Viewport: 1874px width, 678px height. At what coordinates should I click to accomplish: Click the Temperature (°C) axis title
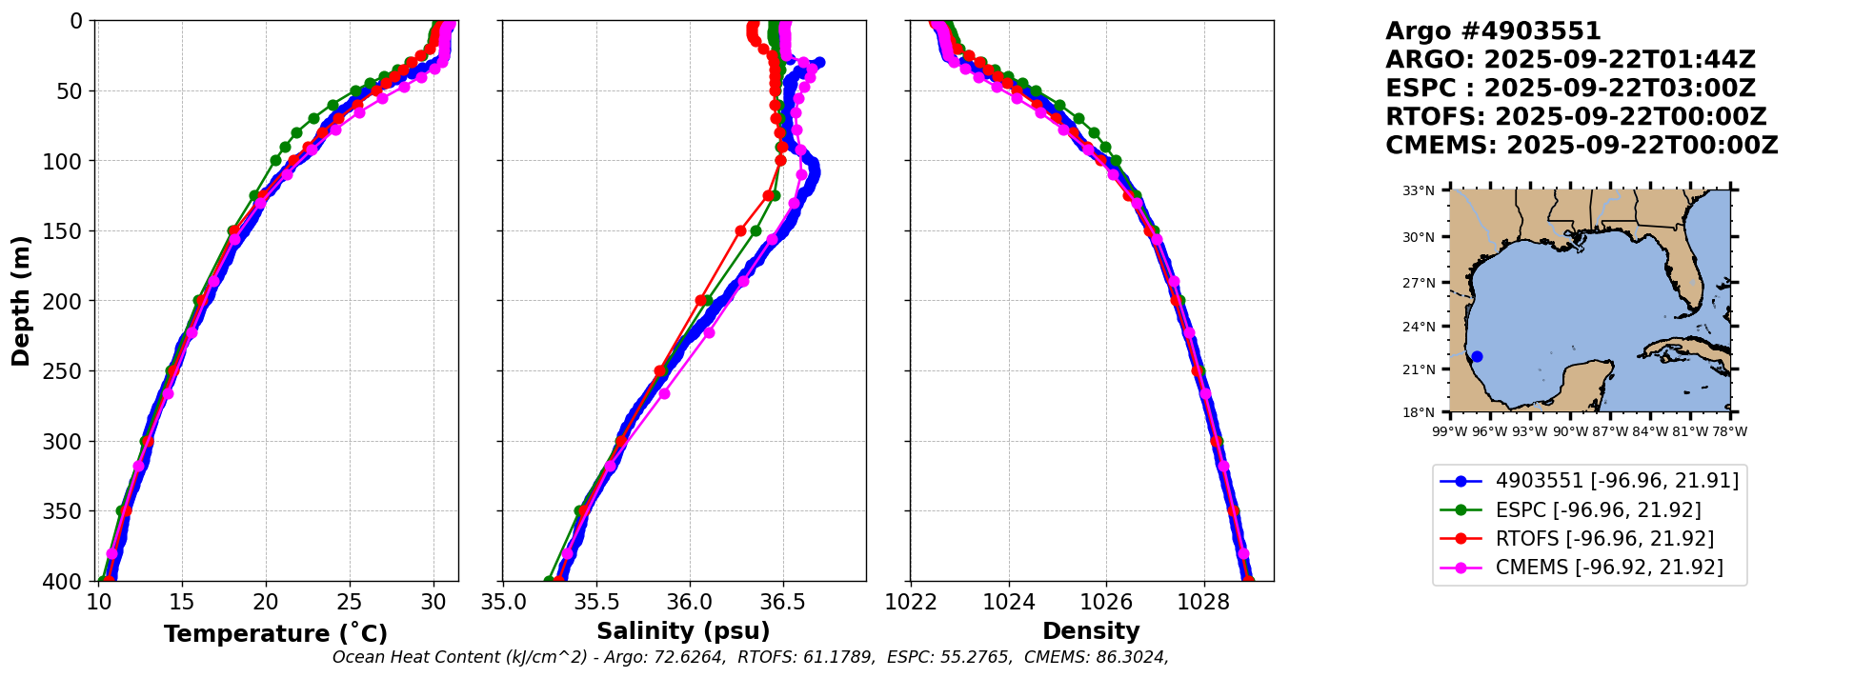(x=275, y=633)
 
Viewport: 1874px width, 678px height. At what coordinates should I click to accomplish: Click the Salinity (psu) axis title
(x=683, y=631)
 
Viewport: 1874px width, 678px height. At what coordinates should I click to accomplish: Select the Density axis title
(x=1091, y=631)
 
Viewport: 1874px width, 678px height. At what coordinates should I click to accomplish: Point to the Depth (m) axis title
(x=21, y=300)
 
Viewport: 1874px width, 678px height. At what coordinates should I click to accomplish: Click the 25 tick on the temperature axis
(x=350, y=602)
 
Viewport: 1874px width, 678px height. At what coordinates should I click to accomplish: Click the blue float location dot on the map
(x=1477, y=357)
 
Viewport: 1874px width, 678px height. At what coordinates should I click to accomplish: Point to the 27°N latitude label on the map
(x=1419, y=283)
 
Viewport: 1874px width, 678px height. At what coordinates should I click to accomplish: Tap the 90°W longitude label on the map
(x=1570, y=431)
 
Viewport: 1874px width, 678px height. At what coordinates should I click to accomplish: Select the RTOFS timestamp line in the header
(x=1576, y=117)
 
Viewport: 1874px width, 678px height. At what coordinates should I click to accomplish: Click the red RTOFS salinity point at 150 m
(x=740, y=230)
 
